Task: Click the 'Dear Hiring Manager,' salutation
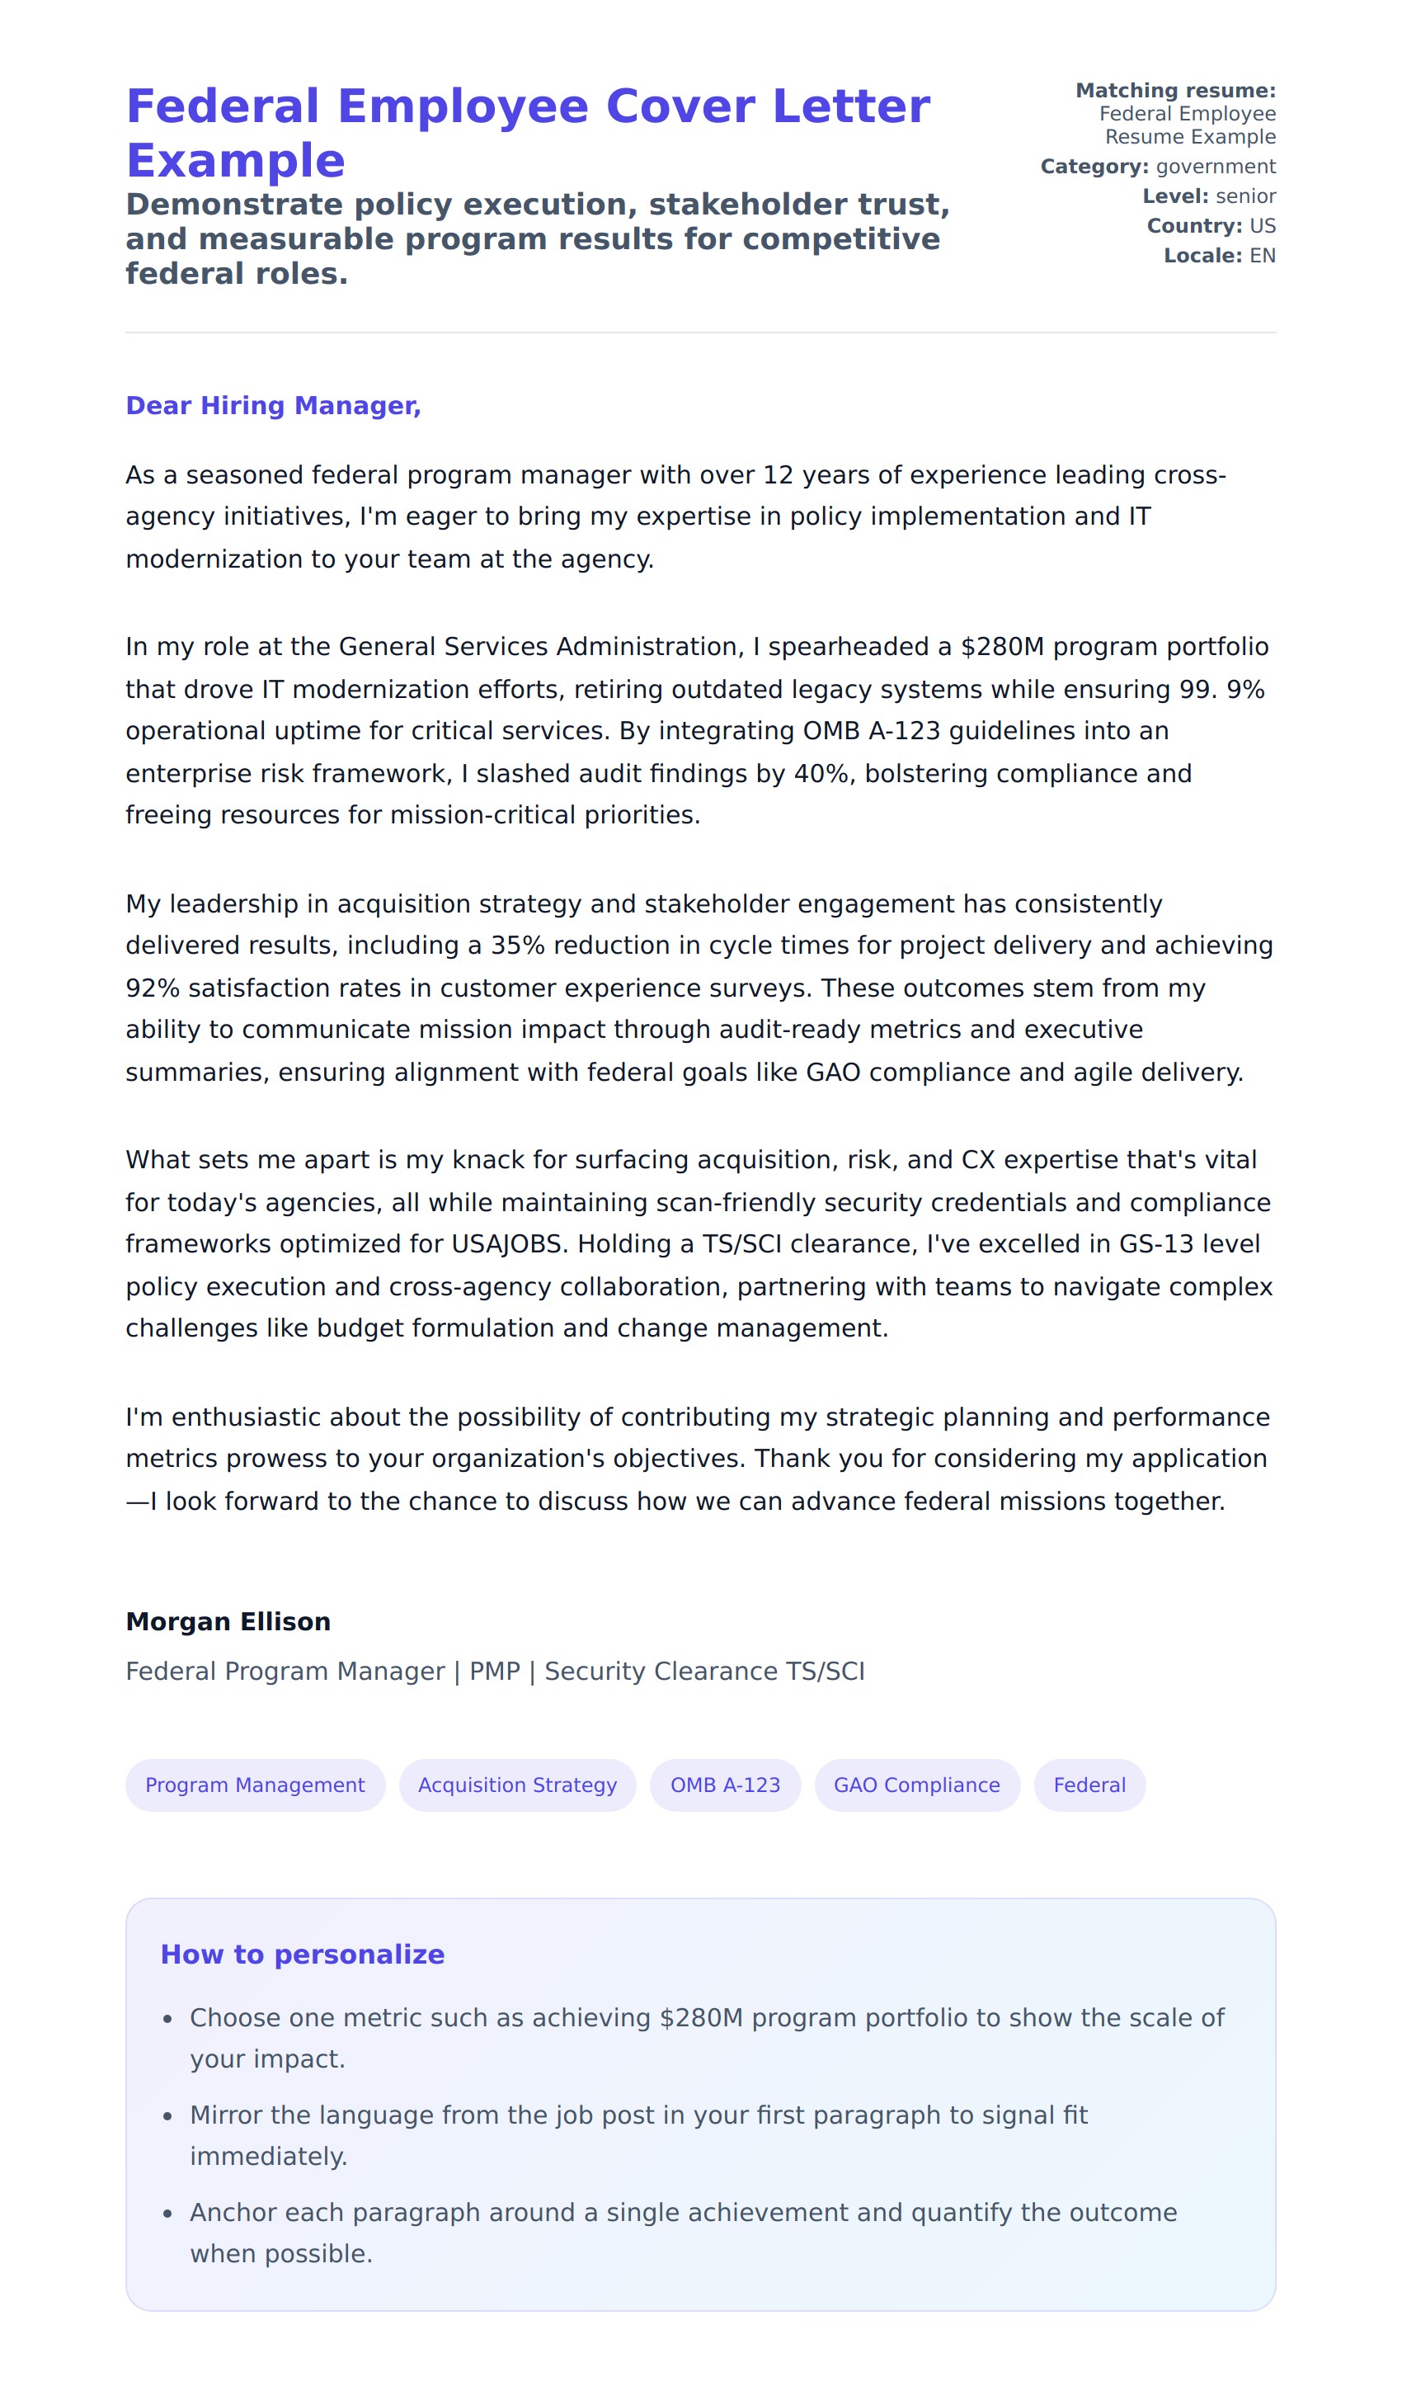[x=273, y=406]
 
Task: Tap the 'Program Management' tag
[x=255, y=1785]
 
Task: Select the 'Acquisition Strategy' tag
[x=517, y=1785]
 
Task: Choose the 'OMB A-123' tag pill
[x=725, y=1785]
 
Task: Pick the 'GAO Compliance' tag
[x=916, y=1785]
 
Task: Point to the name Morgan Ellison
[x=228, y=1621]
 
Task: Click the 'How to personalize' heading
[x=303, y=1955]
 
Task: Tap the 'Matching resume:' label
[x=1175, y=91]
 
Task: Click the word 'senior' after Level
[x=1245, y=196]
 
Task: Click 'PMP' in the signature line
[x=494, y=1671]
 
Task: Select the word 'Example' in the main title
[x=235, y=160]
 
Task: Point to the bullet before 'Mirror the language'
[x=168, y=2117]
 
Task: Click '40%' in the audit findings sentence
[x=821, y=773]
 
